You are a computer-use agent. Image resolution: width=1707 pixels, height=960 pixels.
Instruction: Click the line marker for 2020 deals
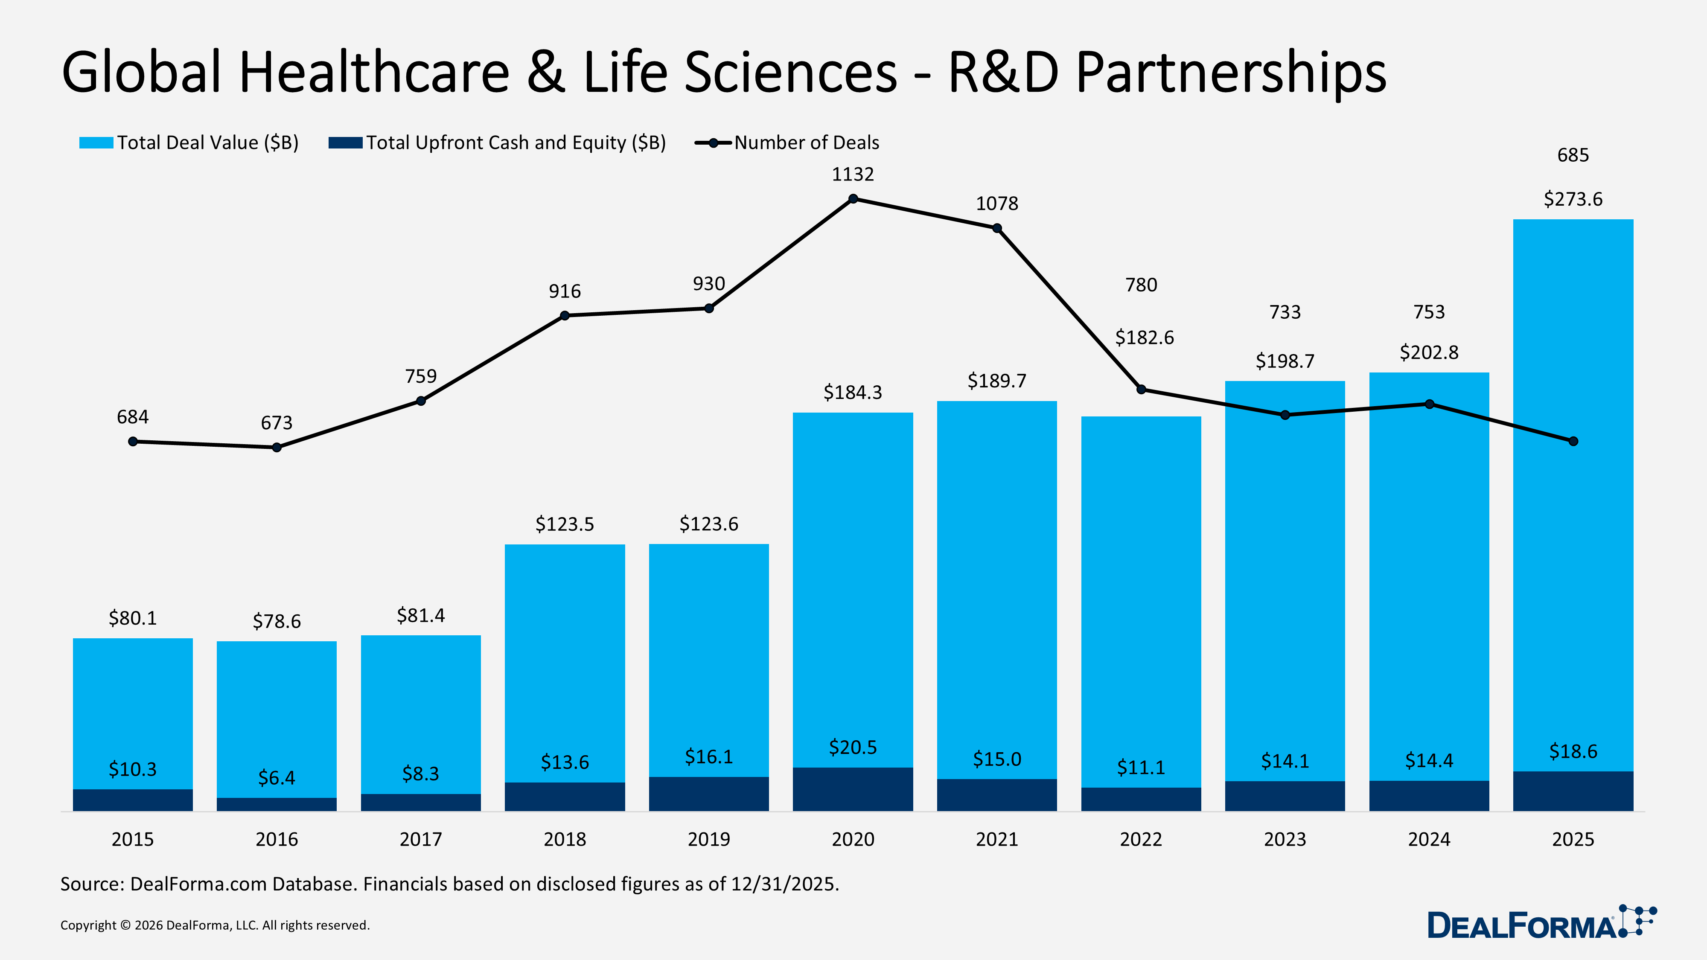(853, 199)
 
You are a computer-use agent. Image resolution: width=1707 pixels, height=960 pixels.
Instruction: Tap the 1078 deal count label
(996, 204)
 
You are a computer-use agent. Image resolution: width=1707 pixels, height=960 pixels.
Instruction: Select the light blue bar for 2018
(565, 663)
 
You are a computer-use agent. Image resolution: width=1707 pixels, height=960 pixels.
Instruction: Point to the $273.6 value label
(1573, 199)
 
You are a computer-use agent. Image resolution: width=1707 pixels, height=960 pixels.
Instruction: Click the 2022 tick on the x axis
(1140, 839)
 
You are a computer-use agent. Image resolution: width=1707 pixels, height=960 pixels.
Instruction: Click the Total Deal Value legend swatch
(96, 143)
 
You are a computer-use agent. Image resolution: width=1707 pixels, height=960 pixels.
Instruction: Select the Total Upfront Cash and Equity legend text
(516, 143)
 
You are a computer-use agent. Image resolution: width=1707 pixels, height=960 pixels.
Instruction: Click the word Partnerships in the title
(1231, 73)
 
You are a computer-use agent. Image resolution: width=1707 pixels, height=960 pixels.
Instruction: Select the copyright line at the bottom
(215, 925)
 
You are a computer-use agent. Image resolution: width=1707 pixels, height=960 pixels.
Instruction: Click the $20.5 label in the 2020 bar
(853, 748)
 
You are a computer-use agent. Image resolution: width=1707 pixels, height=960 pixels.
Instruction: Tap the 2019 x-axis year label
(708, 839)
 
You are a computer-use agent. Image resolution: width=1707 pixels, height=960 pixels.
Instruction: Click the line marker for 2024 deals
(1429, 404)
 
